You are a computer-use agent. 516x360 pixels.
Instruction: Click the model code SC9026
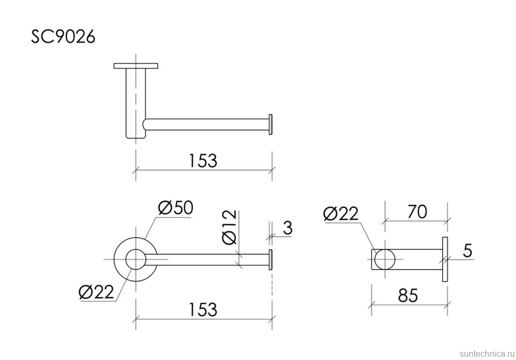(63, 37)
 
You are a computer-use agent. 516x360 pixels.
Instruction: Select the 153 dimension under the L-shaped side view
(203, 160)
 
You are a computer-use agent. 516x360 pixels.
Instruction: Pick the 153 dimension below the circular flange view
(203, 309)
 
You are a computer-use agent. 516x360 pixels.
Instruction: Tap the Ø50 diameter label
(175, 208)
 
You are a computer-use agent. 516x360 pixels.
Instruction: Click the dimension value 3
(287, 228)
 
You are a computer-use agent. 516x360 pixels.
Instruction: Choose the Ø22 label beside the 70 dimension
(341, 214)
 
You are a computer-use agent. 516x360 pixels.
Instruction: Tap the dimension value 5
(467, 250)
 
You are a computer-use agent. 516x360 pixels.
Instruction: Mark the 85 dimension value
(408, 296)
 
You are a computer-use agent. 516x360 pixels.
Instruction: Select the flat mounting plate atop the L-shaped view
(136, 66)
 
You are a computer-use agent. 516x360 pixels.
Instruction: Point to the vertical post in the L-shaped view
(135, 104)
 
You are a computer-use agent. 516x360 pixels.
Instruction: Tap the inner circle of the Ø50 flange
(136, 259)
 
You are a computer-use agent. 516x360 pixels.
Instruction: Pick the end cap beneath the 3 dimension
(271, 259)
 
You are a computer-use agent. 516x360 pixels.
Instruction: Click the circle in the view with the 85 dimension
(385, 259)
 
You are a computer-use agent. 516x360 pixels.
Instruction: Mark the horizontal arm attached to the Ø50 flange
(207, 259)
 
